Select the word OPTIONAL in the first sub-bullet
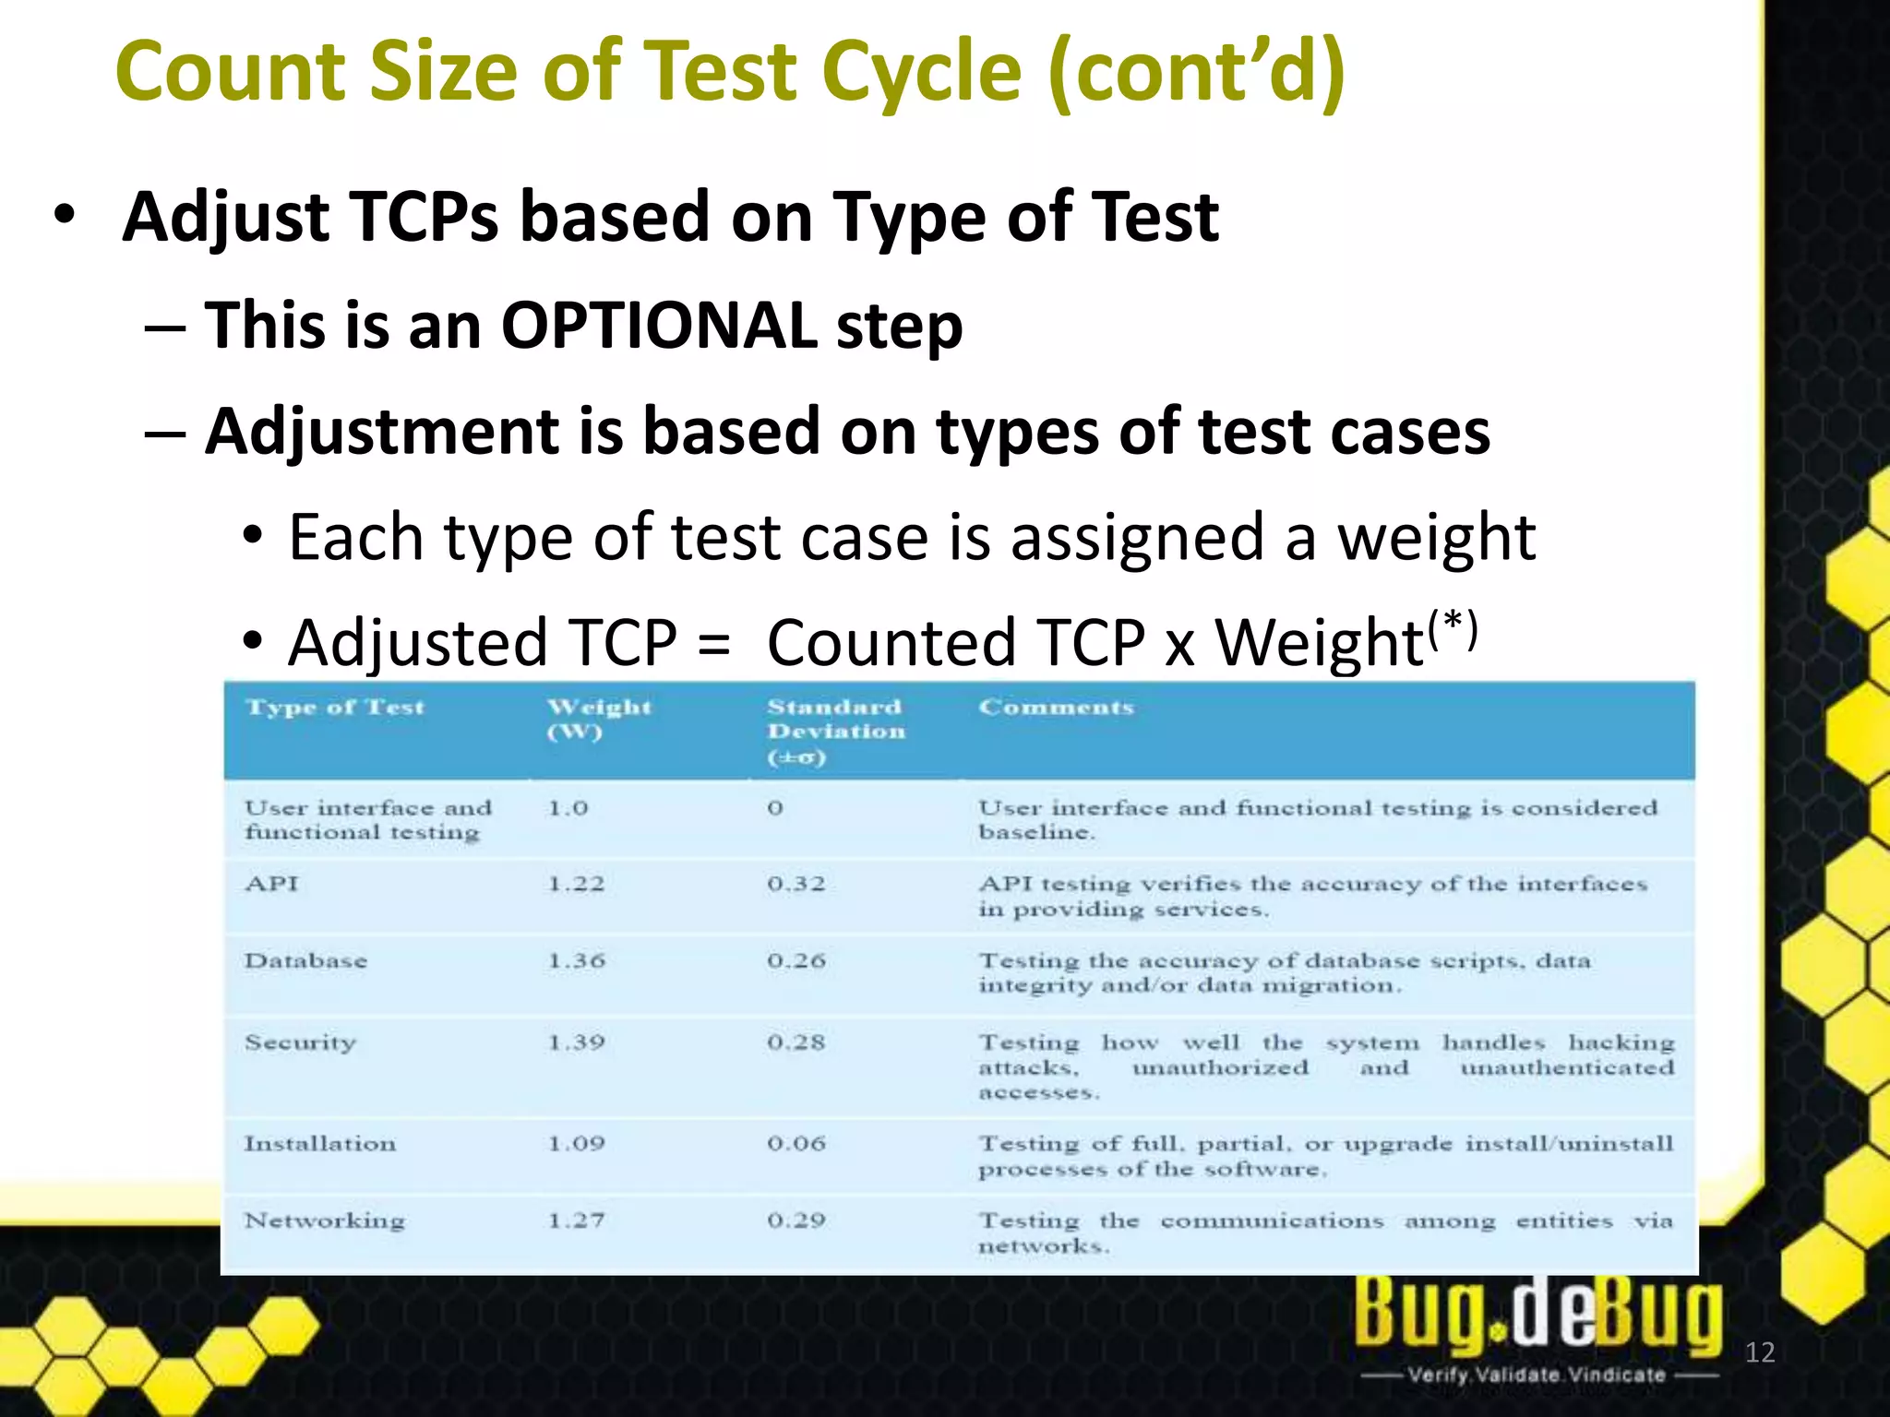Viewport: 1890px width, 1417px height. [658, 326]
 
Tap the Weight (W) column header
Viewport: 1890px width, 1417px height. [599, 719]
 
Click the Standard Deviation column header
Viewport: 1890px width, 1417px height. [836, 731]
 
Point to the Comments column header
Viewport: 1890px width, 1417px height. [1056, 708]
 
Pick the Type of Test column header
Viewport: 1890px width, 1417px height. [335, 708]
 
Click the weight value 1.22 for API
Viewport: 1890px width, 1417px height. [576, 884]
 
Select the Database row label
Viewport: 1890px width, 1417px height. [305, 960]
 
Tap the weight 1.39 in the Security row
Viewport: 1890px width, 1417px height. [576, 1042]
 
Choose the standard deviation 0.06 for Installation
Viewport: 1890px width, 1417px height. [795, 1144]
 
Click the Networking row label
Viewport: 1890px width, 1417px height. [324, 1221]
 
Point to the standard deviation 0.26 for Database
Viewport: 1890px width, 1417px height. [795, 960]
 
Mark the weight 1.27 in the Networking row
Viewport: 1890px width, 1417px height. [576, 1221]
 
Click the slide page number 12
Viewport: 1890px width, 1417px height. [1760, 1352]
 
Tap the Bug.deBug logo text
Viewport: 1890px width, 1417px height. [1537, 1313]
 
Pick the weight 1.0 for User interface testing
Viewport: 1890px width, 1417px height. [567, 808]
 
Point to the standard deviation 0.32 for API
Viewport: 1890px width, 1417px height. [795, 884]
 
